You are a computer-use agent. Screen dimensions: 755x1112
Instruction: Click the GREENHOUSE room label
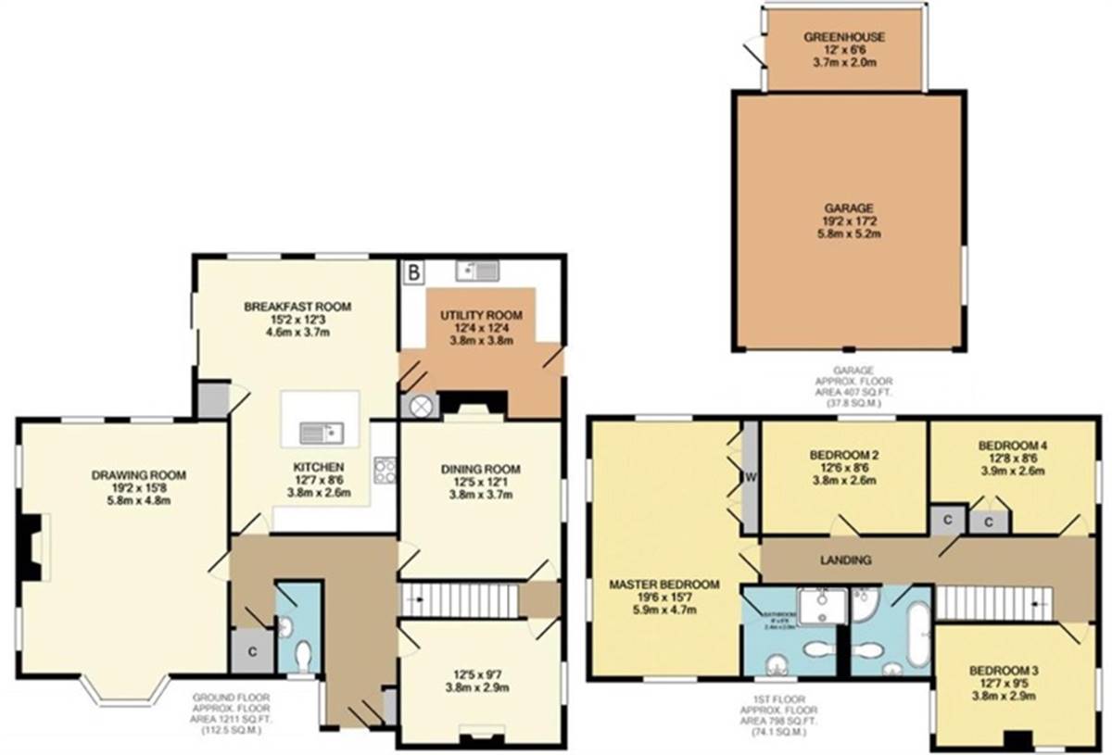(843, 37)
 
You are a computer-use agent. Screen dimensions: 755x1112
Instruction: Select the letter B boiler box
(414, 271)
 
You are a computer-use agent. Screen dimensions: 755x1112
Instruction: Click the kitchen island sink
(322, 432)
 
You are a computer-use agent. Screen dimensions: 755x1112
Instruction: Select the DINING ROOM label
(480, 468)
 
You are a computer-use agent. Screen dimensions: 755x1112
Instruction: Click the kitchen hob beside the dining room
(384, 470)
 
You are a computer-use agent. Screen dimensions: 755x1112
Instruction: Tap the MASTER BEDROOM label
(664, 585)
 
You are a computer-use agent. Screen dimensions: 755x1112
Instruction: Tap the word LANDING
(844, 560)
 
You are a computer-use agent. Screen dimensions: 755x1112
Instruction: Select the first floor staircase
(992, 603)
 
